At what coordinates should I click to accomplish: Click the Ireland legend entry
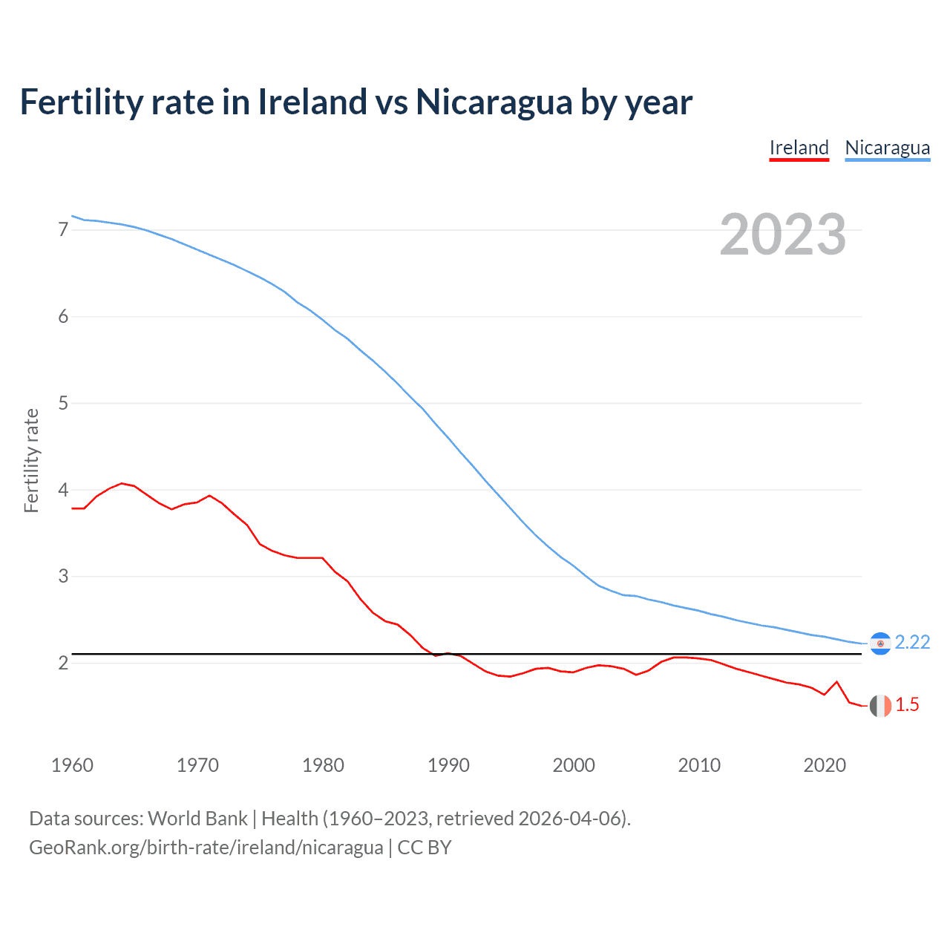point(799,148)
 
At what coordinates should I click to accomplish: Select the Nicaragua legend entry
point(887,148)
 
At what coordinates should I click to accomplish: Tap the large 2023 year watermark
point(782,235)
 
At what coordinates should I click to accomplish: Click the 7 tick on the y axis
point(63,230)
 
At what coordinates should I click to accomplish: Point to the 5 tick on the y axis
point(63,403)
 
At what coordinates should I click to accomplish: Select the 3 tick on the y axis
point(63,577)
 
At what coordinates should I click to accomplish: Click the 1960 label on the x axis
point(72,765)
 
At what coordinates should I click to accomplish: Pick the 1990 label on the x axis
point(448,765)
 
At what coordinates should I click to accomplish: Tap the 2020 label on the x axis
point(825,765)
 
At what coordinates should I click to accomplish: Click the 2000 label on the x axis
point(574,765)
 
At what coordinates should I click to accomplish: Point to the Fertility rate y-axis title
point(31,460)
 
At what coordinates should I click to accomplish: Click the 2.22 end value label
point(912,643)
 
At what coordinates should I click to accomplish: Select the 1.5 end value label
point(907,705)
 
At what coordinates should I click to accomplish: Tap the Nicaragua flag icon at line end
point(880,643)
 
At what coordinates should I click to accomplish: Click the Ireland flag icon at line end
point(880,706)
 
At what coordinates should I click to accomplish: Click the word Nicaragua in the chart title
point(494,102)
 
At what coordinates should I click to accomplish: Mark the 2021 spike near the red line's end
point(836,681)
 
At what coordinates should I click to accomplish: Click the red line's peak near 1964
point(122,483)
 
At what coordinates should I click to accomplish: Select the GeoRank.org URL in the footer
point(206,848)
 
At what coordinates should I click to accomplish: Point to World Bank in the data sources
point(197,819)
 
